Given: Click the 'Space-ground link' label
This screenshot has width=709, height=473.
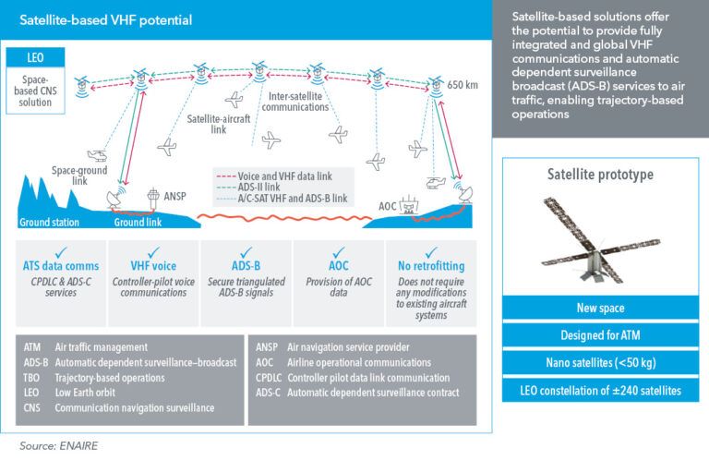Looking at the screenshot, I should pyautogui.click(x=79, y=176).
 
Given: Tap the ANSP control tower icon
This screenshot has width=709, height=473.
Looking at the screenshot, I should pyautogui.click(x=153, y=200).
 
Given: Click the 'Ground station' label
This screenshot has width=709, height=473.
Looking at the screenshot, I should pyautogui.click(x=51, y=223).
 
